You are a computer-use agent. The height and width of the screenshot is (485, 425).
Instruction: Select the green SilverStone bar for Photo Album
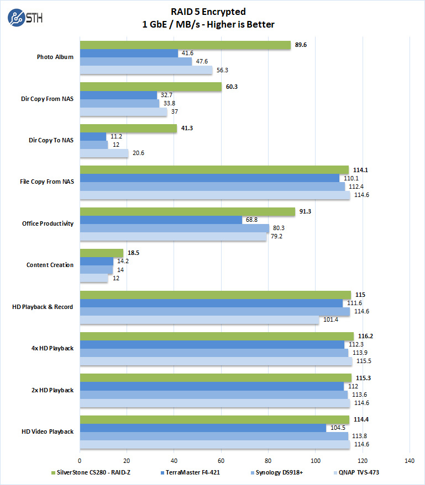[185, 45]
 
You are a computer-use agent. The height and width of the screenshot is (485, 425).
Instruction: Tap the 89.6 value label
[301, 45]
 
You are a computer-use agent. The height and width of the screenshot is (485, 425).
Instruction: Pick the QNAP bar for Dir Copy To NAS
[104, 153]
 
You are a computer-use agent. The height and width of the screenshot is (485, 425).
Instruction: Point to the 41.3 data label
[187, 128]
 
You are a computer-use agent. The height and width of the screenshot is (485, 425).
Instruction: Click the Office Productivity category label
[48, 223]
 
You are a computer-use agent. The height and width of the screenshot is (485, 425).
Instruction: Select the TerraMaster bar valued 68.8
[161, 220]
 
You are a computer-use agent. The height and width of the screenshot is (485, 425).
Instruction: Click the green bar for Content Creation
[102, 253]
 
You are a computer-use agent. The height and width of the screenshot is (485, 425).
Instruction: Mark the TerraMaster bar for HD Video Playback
[203, 428]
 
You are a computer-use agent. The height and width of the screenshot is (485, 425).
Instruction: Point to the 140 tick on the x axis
[410, 460]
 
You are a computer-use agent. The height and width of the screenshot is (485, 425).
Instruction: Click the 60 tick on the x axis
[221, 460]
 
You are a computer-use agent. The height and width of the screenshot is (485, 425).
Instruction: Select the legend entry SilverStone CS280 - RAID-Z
[91, 472]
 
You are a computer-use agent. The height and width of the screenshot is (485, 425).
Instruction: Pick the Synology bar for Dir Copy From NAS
[119, 103]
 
